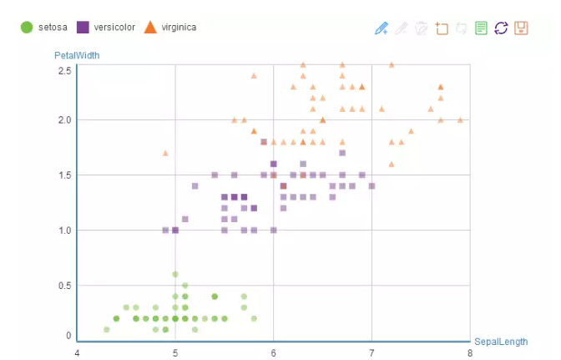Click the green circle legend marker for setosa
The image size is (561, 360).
coord(26,28)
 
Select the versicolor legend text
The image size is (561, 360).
coord(114,28)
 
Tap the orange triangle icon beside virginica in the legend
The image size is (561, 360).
coord(150,28)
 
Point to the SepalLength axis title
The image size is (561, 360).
coord(501,342)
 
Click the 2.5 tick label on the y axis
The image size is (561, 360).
coord(64,70)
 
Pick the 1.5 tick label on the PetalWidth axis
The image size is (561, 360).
coord(64,175)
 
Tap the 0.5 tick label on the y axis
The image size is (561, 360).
coord(64,286)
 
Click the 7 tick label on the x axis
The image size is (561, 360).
coord(371,353)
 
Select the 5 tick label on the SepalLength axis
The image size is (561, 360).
coord(175,353)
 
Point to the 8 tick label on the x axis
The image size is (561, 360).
coord(470,353)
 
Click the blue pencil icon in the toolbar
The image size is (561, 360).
coord(382,28)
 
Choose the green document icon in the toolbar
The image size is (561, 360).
coord(481,28)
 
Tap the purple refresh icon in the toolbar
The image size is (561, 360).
coord(501,28)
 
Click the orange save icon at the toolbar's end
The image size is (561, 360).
coord(521,28)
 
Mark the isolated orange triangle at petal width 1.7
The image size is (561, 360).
coord(165,153)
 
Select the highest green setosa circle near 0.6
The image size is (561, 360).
coord(175,274)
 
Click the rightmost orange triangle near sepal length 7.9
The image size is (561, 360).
coord(460,119)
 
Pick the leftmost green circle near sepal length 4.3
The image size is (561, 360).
coord(107,329)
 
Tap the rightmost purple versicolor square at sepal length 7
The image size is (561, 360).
coord(371,186)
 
